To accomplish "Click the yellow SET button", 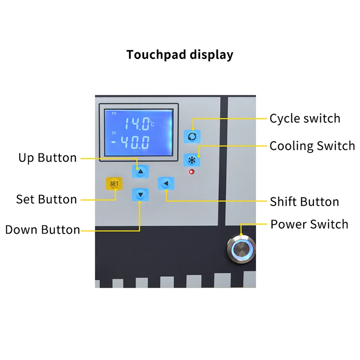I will pos(114,184).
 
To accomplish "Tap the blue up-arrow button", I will pos(140,171).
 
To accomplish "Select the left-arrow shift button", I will pos(166,183).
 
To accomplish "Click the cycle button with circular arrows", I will pos(192,135).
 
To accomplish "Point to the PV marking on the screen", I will pos(114,114).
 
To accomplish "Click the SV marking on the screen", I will pos(114,133).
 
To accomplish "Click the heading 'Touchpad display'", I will pos(180,55).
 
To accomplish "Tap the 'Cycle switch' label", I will pos(305,119).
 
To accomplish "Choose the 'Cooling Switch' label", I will pos(312,146).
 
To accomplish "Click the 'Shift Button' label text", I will pos(304,202).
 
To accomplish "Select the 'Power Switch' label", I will pos(309,224).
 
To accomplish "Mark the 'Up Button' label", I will pos(48,158).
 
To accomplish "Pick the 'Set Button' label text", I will pos(47,199).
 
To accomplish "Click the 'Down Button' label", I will pos(43,230).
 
